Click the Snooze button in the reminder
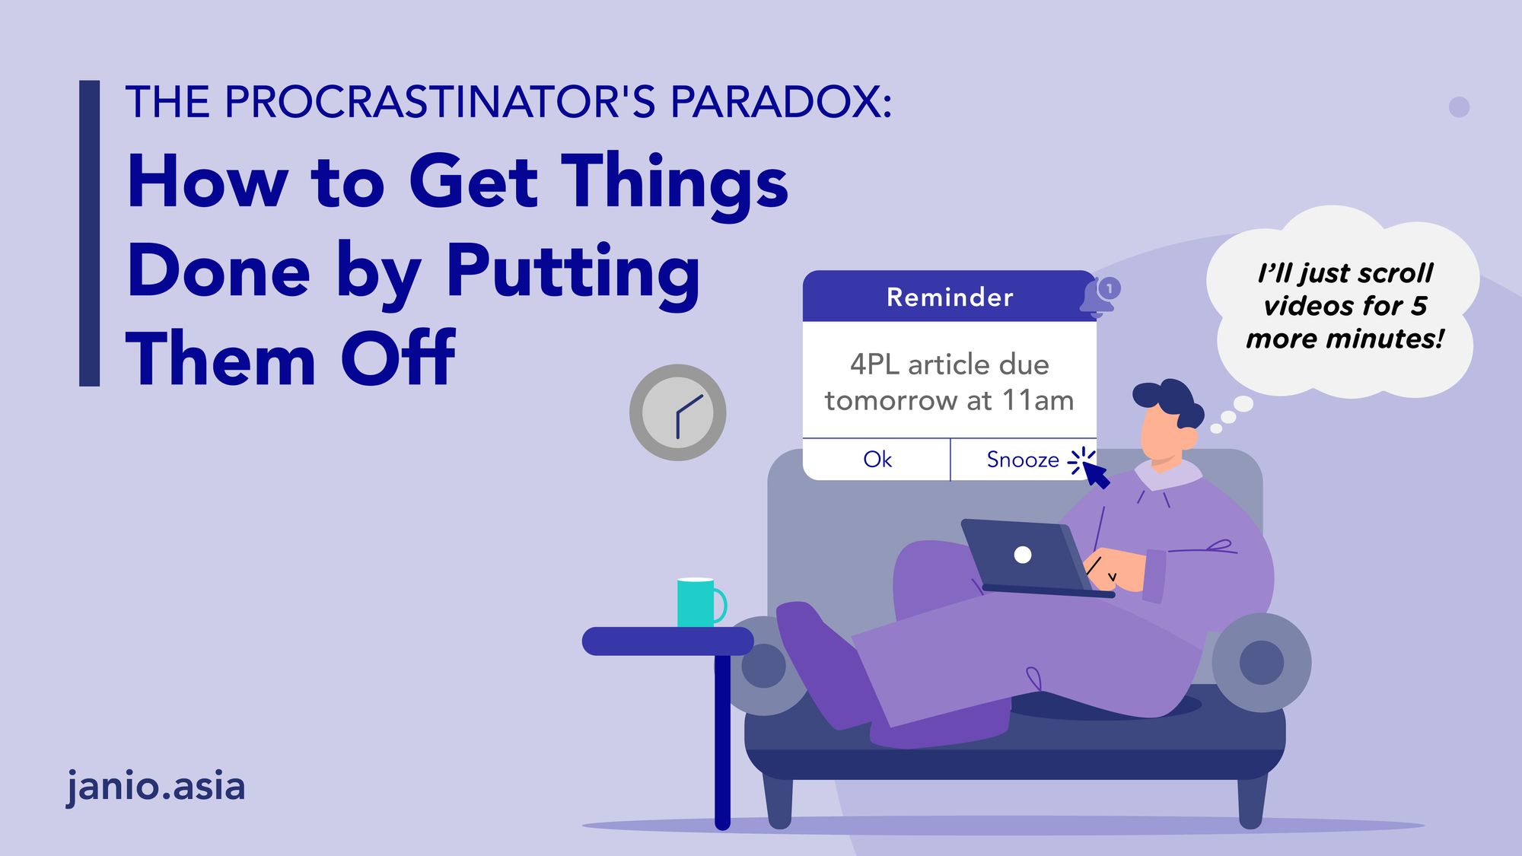point(1022,460)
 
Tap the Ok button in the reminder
point(877,460)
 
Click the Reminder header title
point(950,297)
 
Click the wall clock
point(677,412)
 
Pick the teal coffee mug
point(697,603)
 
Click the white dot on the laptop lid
point(1023,555)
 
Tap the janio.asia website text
point(156,786)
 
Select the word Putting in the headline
point(572,272)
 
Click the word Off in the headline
point(397,359)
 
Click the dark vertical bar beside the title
point(90,233)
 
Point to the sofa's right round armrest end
point(1261,662)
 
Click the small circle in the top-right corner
point(1459,107)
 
